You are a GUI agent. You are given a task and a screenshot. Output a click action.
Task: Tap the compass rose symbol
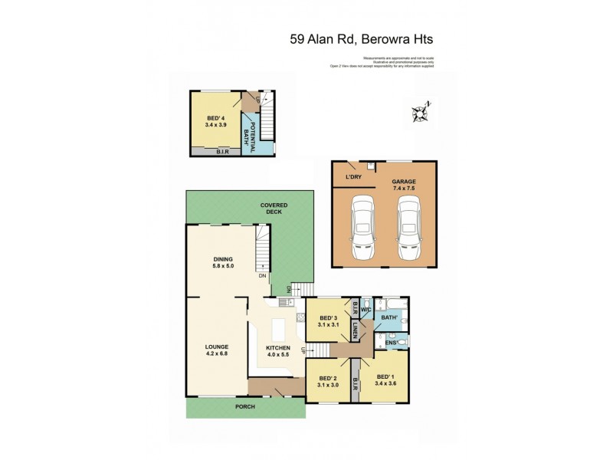[420, 113]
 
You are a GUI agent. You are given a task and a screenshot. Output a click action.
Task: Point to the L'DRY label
[353, 177]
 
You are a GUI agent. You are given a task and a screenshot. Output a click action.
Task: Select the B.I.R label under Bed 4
[222, 152]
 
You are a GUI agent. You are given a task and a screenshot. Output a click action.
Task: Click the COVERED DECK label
[274, 209]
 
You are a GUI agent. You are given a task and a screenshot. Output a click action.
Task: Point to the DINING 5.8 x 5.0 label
[223, 264]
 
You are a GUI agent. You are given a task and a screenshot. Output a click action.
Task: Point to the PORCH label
[246, 406]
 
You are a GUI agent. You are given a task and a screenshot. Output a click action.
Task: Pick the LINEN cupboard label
[355, 331]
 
